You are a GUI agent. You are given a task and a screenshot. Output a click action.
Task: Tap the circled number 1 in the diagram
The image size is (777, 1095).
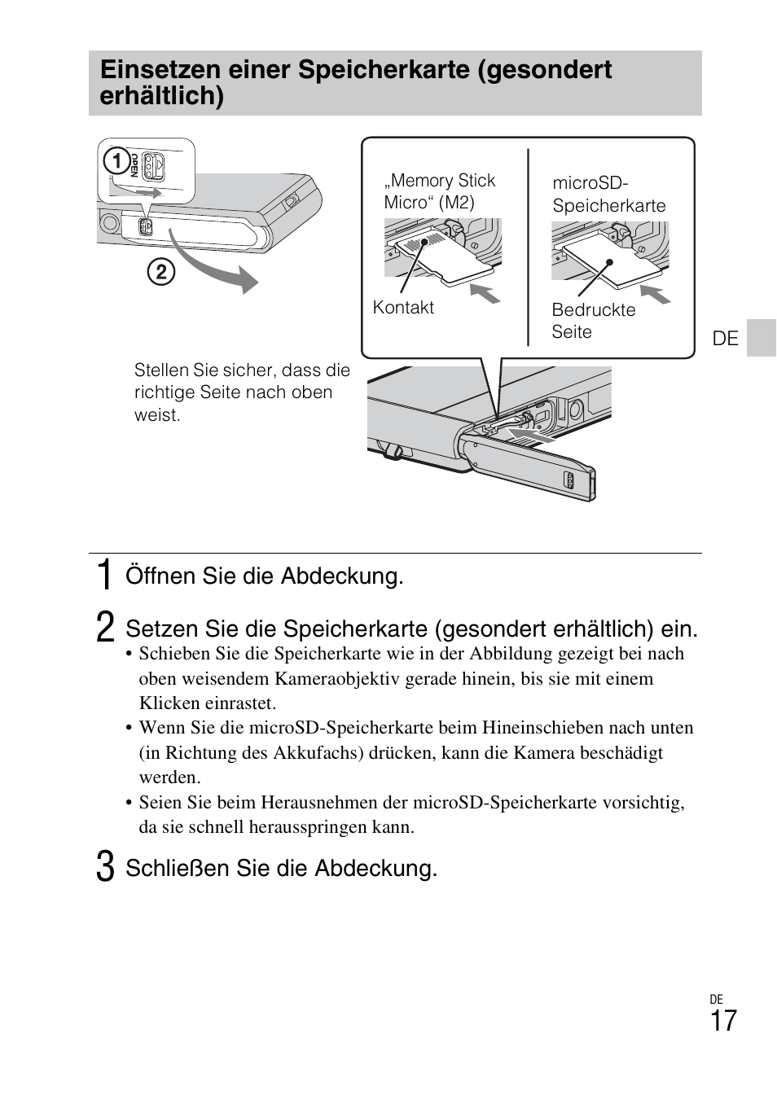click(116, 161)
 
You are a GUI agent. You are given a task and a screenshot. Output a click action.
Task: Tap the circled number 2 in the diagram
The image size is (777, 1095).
click(160, 271)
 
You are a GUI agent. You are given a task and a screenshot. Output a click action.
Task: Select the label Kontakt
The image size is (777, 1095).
click(403, 308)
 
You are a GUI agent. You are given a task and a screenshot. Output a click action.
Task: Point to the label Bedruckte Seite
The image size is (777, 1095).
click(593, 321)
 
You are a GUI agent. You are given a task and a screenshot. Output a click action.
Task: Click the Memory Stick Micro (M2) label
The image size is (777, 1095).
click(440, 191)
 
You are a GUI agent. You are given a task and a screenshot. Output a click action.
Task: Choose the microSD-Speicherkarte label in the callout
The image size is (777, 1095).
click(608, 195)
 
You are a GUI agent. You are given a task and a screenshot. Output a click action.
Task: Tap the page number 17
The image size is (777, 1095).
click(722, 1021)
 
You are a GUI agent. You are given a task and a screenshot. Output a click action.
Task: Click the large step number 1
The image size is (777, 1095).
click(103, 576)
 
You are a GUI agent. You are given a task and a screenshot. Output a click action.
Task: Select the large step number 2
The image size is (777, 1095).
click(104, 628)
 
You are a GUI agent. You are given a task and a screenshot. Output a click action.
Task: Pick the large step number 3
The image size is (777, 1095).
click(104, 867)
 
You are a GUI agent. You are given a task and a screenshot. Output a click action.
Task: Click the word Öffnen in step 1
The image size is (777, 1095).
click(160, 576)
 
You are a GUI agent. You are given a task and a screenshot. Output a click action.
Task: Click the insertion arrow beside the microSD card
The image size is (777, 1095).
click(654, 294)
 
